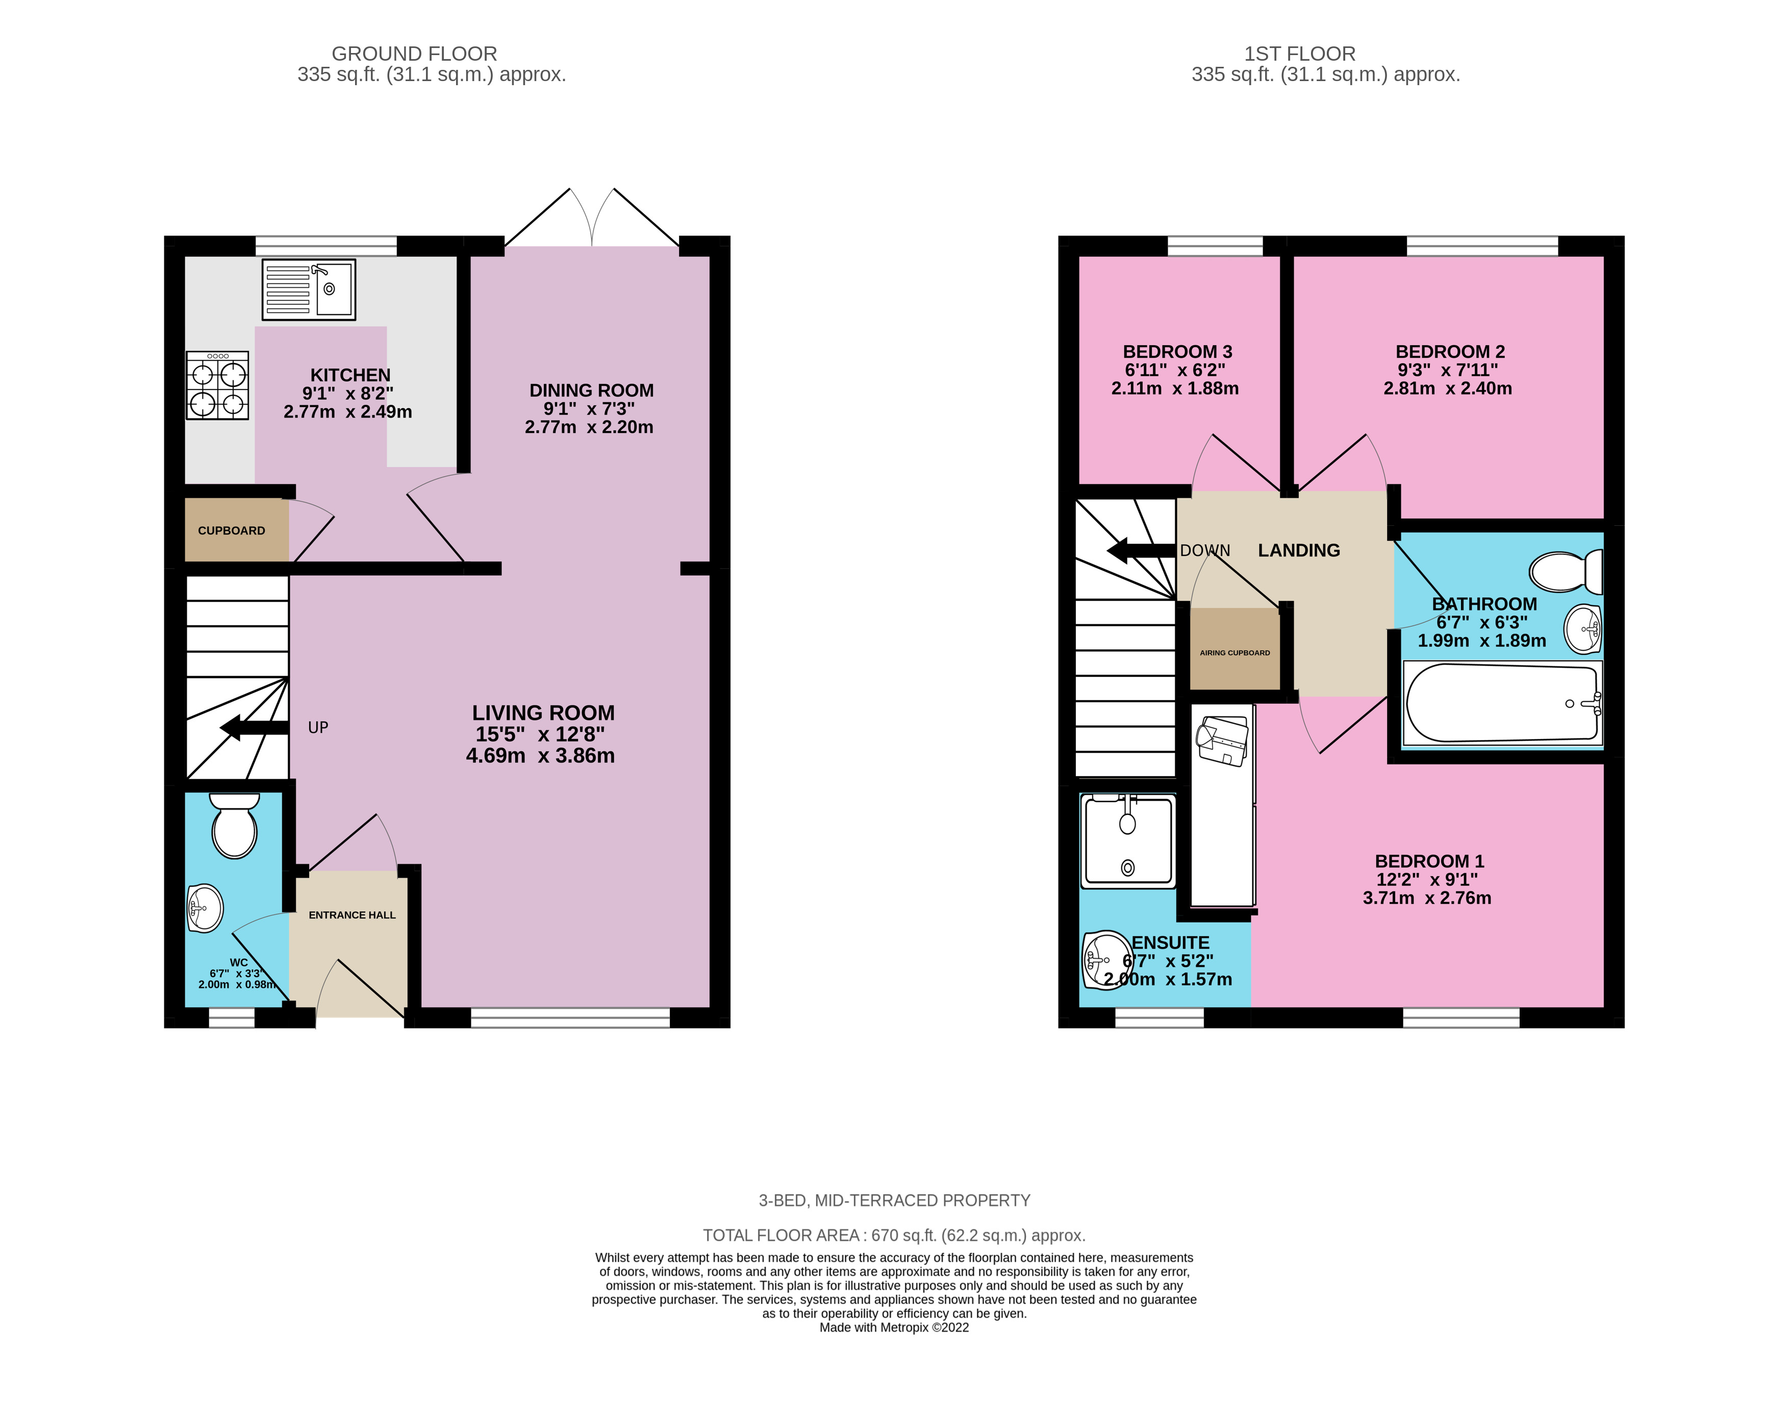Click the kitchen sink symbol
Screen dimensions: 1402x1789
[x=309, y=290]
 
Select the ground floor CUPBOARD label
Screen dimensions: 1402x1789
[x=232, y=531]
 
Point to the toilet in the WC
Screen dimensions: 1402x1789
[x=235, y=827]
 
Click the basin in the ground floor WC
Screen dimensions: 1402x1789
[x=205, y=908]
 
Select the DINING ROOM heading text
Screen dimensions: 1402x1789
[x=591, y=391]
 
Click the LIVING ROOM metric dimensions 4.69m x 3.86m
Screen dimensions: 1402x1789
[x=540, y=756]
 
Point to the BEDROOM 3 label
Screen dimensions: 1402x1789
[x=1177, y=351]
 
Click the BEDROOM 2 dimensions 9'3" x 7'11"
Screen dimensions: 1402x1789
[x=1447, y=370]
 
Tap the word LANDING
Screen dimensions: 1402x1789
[x=1299, y=551]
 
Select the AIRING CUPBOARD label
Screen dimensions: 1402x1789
[x=1235, y=653]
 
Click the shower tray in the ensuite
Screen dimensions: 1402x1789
[x=1128, y=842]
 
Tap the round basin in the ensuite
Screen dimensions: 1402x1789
[x=1105, y=959]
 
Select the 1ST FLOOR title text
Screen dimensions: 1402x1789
[x=1300, y=54]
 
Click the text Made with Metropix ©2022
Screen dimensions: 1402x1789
[x=894, y=1328]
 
